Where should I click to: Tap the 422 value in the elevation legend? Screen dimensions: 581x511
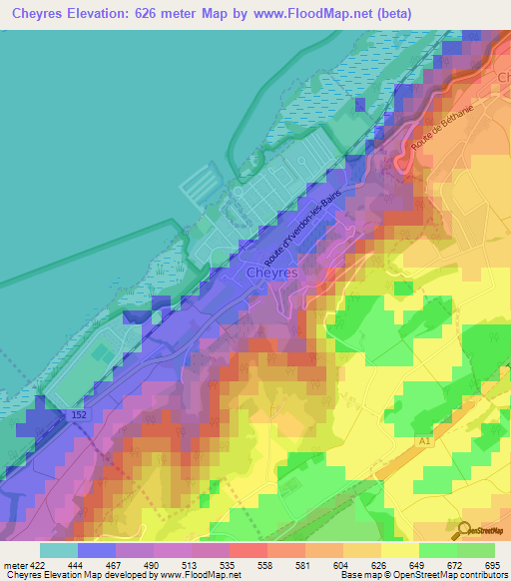coord(37,566)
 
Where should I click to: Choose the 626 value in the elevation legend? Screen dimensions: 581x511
coord(356,566)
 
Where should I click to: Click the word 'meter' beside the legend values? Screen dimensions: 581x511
coord(13,566)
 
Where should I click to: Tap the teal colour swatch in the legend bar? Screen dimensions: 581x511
coord(58,550)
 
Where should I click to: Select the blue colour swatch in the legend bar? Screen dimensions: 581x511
coord(96,550)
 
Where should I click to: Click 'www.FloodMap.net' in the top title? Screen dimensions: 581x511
coord(310,15)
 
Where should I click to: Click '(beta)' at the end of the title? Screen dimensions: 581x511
coord(397,15)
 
